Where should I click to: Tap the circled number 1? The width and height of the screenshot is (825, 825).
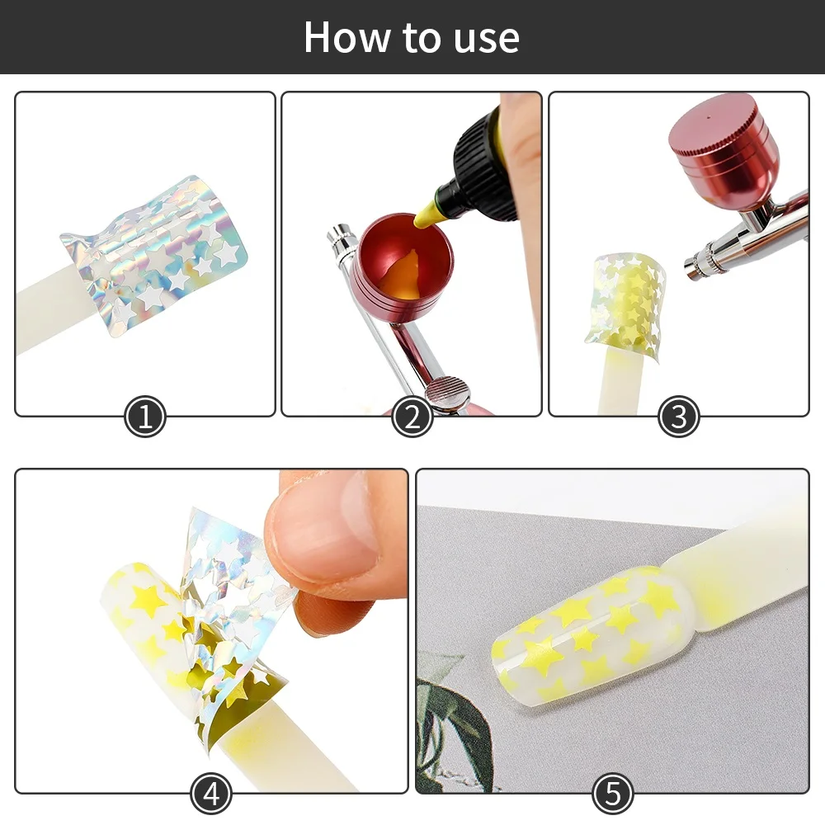[x=145, y=417]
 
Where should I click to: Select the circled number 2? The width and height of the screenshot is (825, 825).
[x=412, y=417]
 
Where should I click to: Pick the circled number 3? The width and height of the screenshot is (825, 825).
[x=678, y=417]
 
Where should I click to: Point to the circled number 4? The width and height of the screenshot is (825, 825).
[x=211, y=794]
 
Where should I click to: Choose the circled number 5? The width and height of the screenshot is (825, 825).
[x=612, y=794]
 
